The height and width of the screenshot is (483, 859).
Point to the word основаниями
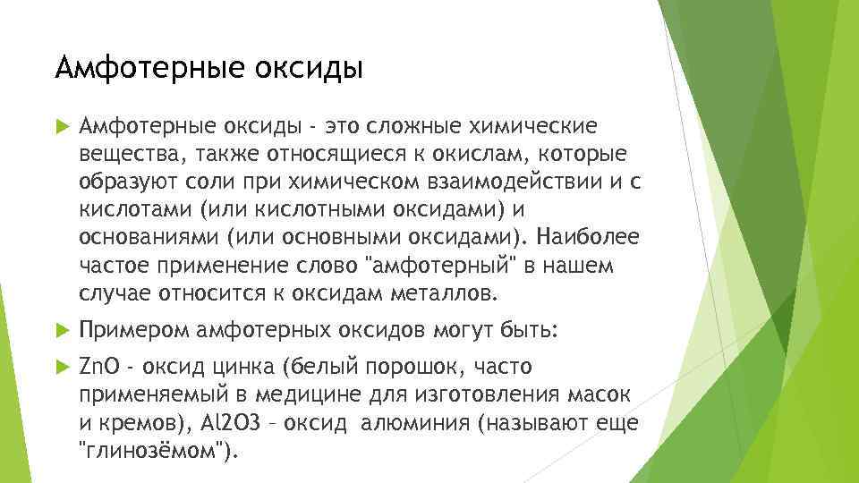click(x=148, y=238)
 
